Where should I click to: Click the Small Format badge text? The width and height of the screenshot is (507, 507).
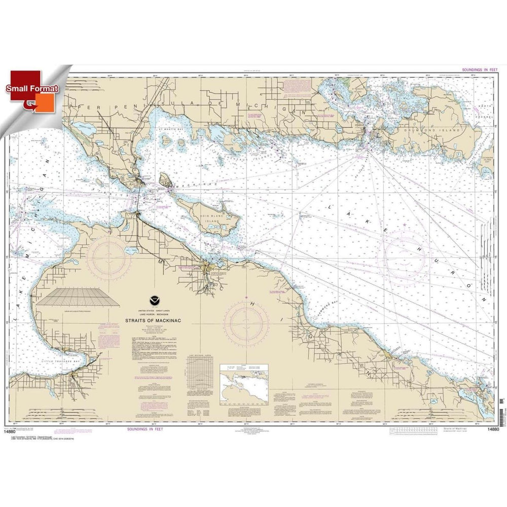coord(32,88)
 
